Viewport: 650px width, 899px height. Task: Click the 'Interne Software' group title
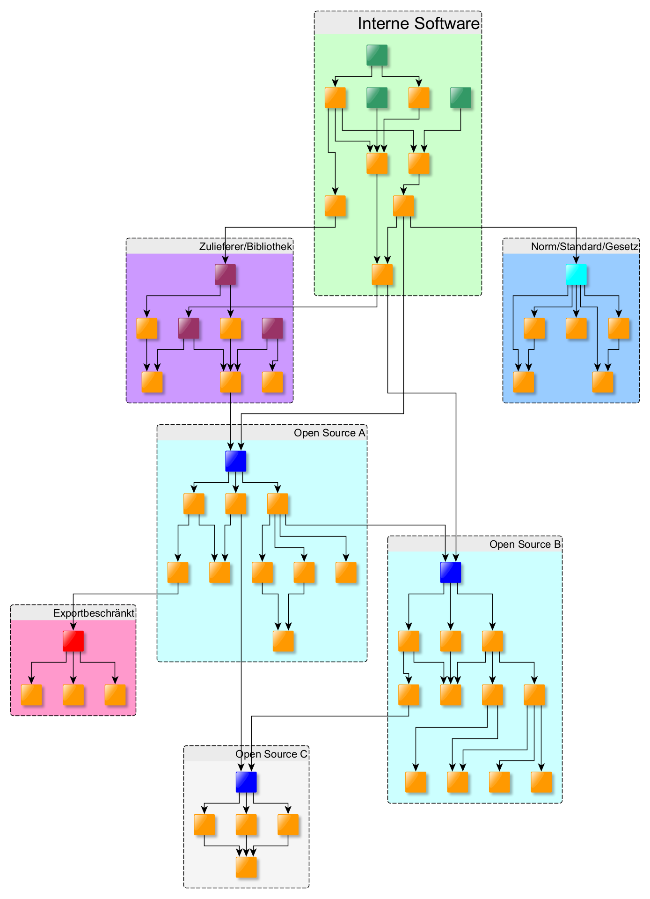418,23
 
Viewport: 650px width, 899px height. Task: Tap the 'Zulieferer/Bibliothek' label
245,246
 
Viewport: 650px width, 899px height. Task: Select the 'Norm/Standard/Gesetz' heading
584,246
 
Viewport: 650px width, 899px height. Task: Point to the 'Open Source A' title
329,433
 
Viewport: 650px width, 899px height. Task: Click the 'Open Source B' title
525,545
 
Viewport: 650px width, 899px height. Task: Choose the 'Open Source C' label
271,754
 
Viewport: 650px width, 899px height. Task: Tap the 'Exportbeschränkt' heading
94,613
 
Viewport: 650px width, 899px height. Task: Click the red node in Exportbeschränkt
73,641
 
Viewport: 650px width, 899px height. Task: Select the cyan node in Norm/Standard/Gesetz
576,274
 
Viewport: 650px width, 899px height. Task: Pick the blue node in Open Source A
236,461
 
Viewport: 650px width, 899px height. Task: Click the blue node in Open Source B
451,572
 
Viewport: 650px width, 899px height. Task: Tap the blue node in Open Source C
246,782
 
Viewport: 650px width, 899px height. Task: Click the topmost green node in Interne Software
377,55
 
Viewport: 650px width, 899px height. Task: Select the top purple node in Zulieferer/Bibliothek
225,274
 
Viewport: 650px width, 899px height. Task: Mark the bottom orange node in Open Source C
246,867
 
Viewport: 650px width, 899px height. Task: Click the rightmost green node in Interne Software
461,97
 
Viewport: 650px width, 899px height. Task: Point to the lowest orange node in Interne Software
382,274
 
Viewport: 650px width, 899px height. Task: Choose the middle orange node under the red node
73,695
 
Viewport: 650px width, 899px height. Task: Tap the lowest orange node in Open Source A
283,641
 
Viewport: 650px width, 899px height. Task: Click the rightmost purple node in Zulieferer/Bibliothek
272,328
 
